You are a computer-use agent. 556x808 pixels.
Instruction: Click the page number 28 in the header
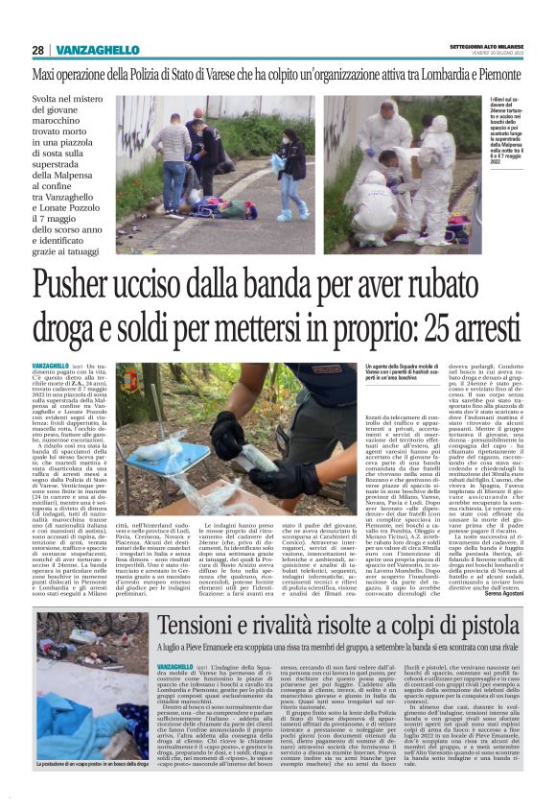(x=37, y=50)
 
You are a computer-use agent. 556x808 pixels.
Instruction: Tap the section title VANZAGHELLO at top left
(x=97, y=50)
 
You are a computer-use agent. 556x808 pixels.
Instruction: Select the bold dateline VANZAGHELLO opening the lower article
(x=177, y=666)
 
